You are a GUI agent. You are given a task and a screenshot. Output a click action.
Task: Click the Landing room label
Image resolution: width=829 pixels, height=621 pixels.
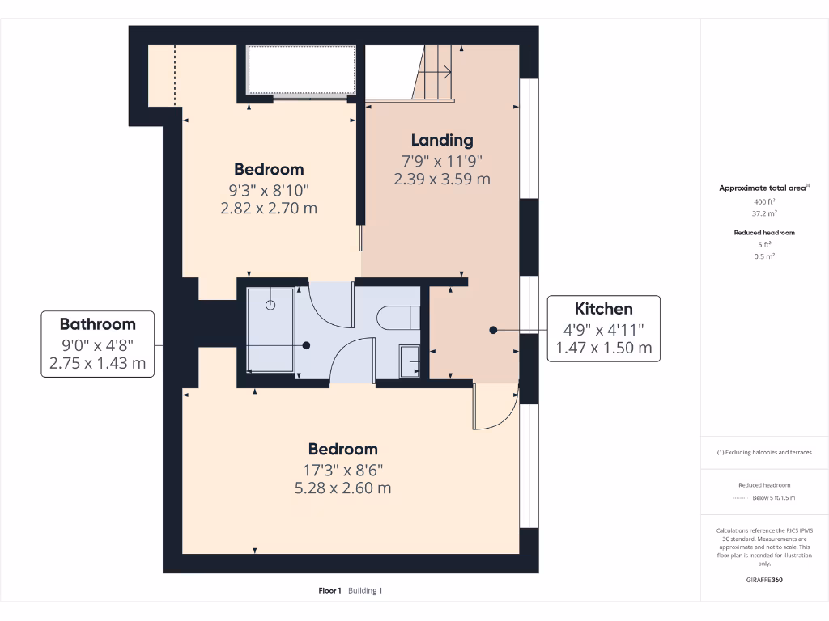click(442, 140)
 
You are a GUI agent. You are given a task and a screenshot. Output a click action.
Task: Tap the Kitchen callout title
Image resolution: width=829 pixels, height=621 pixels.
click(603, 308)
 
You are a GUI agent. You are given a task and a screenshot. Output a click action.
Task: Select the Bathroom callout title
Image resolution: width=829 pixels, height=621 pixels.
click(97, 324)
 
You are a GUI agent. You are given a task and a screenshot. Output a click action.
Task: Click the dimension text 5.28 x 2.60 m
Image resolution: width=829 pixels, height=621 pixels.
click(343, 488)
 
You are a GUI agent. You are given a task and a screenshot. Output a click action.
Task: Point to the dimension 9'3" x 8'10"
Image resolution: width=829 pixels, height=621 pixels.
click(269, 190)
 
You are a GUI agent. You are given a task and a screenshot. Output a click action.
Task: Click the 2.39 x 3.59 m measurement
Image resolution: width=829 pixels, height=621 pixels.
click(442, 179)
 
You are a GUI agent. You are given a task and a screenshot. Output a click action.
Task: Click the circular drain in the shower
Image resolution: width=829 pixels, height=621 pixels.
click(270, 305)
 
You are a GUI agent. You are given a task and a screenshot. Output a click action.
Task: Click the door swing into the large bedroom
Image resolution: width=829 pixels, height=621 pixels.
click(494, 408)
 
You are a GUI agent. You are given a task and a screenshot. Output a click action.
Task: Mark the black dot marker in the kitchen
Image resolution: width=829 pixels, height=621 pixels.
click(493, 330)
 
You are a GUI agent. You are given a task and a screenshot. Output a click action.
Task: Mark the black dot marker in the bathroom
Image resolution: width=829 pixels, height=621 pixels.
click(307, 345)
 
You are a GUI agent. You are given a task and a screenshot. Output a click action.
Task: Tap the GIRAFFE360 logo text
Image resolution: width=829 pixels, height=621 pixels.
click(764, 579)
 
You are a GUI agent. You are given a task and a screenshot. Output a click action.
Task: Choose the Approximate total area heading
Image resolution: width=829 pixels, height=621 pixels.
click(763, 188)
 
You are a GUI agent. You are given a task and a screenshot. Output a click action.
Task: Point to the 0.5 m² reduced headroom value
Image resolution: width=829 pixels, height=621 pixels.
click(764, 256)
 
